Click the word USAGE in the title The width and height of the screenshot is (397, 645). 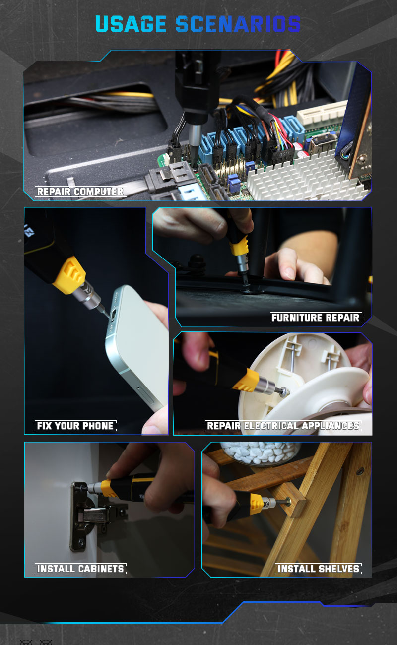tap(131, 24)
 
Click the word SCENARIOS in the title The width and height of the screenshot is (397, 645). tap(238, 24)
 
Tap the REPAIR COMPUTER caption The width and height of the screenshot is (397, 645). tap(80, 192)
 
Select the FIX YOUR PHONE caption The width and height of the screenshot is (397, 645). tap(75, 426)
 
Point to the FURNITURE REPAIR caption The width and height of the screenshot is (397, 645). tap(316, 318)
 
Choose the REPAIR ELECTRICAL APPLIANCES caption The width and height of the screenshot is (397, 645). tap(283, 426)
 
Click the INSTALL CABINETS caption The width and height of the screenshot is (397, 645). tap(81, 569)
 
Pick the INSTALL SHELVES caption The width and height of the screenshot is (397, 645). tap(319, 569)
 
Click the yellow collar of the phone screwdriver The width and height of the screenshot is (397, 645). tap(69, 275)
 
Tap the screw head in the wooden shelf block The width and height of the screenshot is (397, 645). tap(288, 502)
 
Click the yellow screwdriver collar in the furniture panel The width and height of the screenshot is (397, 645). tap(239, 245)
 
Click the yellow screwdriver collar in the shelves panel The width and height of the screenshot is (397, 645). tap(256, 504)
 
